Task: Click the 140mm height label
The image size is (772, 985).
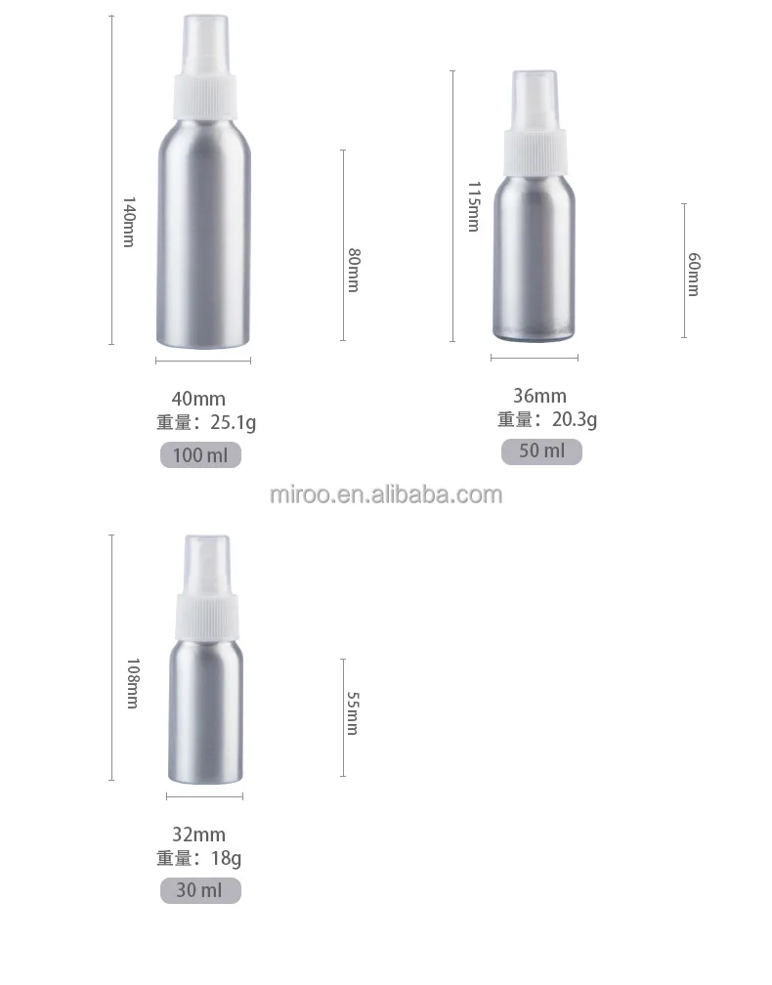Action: (x=128, y=222)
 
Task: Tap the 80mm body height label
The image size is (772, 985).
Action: (x=354, y=271)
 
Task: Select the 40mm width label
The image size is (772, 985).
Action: (x=198, y=399)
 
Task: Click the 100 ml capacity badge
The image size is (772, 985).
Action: (x=200, y=455)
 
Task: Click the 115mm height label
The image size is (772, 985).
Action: (x=473, y=205)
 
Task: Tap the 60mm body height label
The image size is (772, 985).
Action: (x=694, y=275)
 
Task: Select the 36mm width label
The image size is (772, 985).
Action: (x=539, y=396)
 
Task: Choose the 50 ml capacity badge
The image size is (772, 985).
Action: (x=541, y=451)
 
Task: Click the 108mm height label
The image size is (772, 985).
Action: (x=133, y=682)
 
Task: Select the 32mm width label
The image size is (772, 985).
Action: (x=198, y=835)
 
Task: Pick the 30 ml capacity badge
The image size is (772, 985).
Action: (x=200, y=890)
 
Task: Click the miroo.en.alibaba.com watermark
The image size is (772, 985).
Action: (x=386, y=494)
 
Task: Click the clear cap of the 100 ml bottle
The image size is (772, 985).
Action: (x=204, y=38)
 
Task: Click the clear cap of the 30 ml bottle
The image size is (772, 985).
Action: (x=205, y=558)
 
